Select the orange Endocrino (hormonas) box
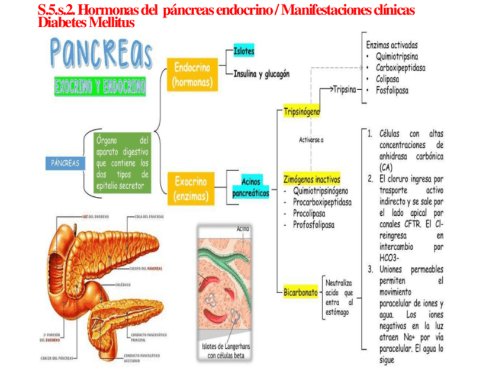(x=192, y=75)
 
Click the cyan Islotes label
(x=244, y=51)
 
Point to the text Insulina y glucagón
(x=261, y=74)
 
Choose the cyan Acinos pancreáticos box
(x=250, y=187)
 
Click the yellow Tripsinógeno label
(x=302, y=111)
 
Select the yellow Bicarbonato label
(x=300, y=292)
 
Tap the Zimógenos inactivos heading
(x=311, y=179)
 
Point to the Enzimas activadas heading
(x=392, y=45)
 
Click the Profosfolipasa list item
(x=314, y=225)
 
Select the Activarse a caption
(x=311, y=140)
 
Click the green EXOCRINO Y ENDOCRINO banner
(x=100, y=87)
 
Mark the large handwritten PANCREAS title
(x=101, y=52)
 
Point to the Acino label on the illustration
(x=243, y=228)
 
